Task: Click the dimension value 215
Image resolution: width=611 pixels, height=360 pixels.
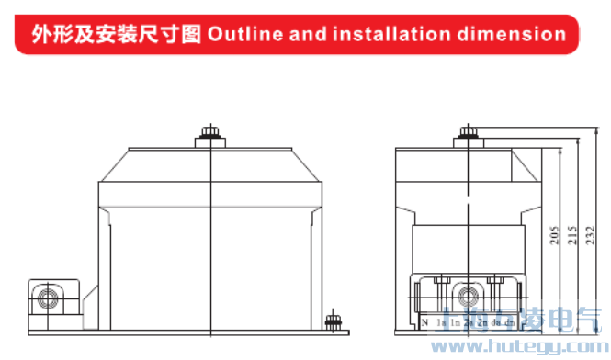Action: click(572, 237)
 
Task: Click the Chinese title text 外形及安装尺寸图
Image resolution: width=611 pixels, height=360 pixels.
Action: click(117, 35)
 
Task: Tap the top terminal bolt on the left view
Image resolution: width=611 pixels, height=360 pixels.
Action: click(211, 134)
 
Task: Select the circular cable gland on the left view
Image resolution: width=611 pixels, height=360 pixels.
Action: click(46, 298)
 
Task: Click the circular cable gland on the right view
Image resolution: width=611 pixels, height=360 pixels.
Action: click(470, 296)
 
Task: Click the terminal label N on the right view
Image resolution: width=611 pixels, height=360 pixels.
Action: click(425, 322)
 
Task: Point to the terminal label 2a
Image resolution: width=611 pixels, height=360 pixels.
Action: click(468, 323)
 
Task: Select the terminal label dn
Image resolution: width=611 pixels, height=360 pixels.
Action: click(508, 323)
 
